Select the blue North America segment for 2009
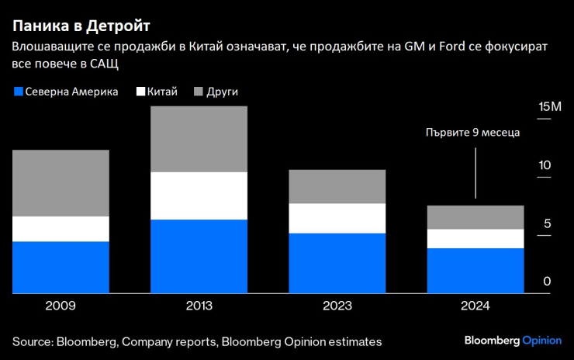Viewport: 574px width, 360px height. pyautogui.click(x=61, y=267)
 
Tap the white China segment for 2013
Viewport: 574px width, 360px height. pyautogui.click(x=199, y=196)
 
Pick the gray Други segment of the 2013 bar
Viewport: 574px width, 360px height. pyautogui.click(x=199, y=139)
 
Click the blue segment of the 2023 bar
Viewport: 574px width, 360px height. pyautogui.click(x=337, y=263)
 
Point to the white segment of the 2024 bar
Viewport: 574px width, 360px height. pyautogui.click(x=475, y=238)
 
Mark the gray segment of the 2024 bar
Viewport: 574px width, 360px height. pyautogui.click(x=475, y=217)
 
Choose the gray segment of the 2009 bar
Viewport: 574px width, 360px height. pyautogui.click(x=61, y=183)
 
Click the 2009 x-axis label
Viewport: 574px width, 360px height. pyautogui.click(x=61, y=306)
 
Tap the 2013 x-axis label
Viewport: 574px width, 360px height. pyautogui.click(x=199, y=306)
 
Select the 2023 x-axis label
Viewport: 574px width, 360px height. pyautogui.click(x=337, y=306)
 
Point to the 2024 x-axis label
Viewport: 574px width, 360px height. pyautogui.click(x=475, y=306)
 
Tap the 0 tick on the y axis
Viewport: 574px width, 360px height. pyautogui.click(x=547, y=282)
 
